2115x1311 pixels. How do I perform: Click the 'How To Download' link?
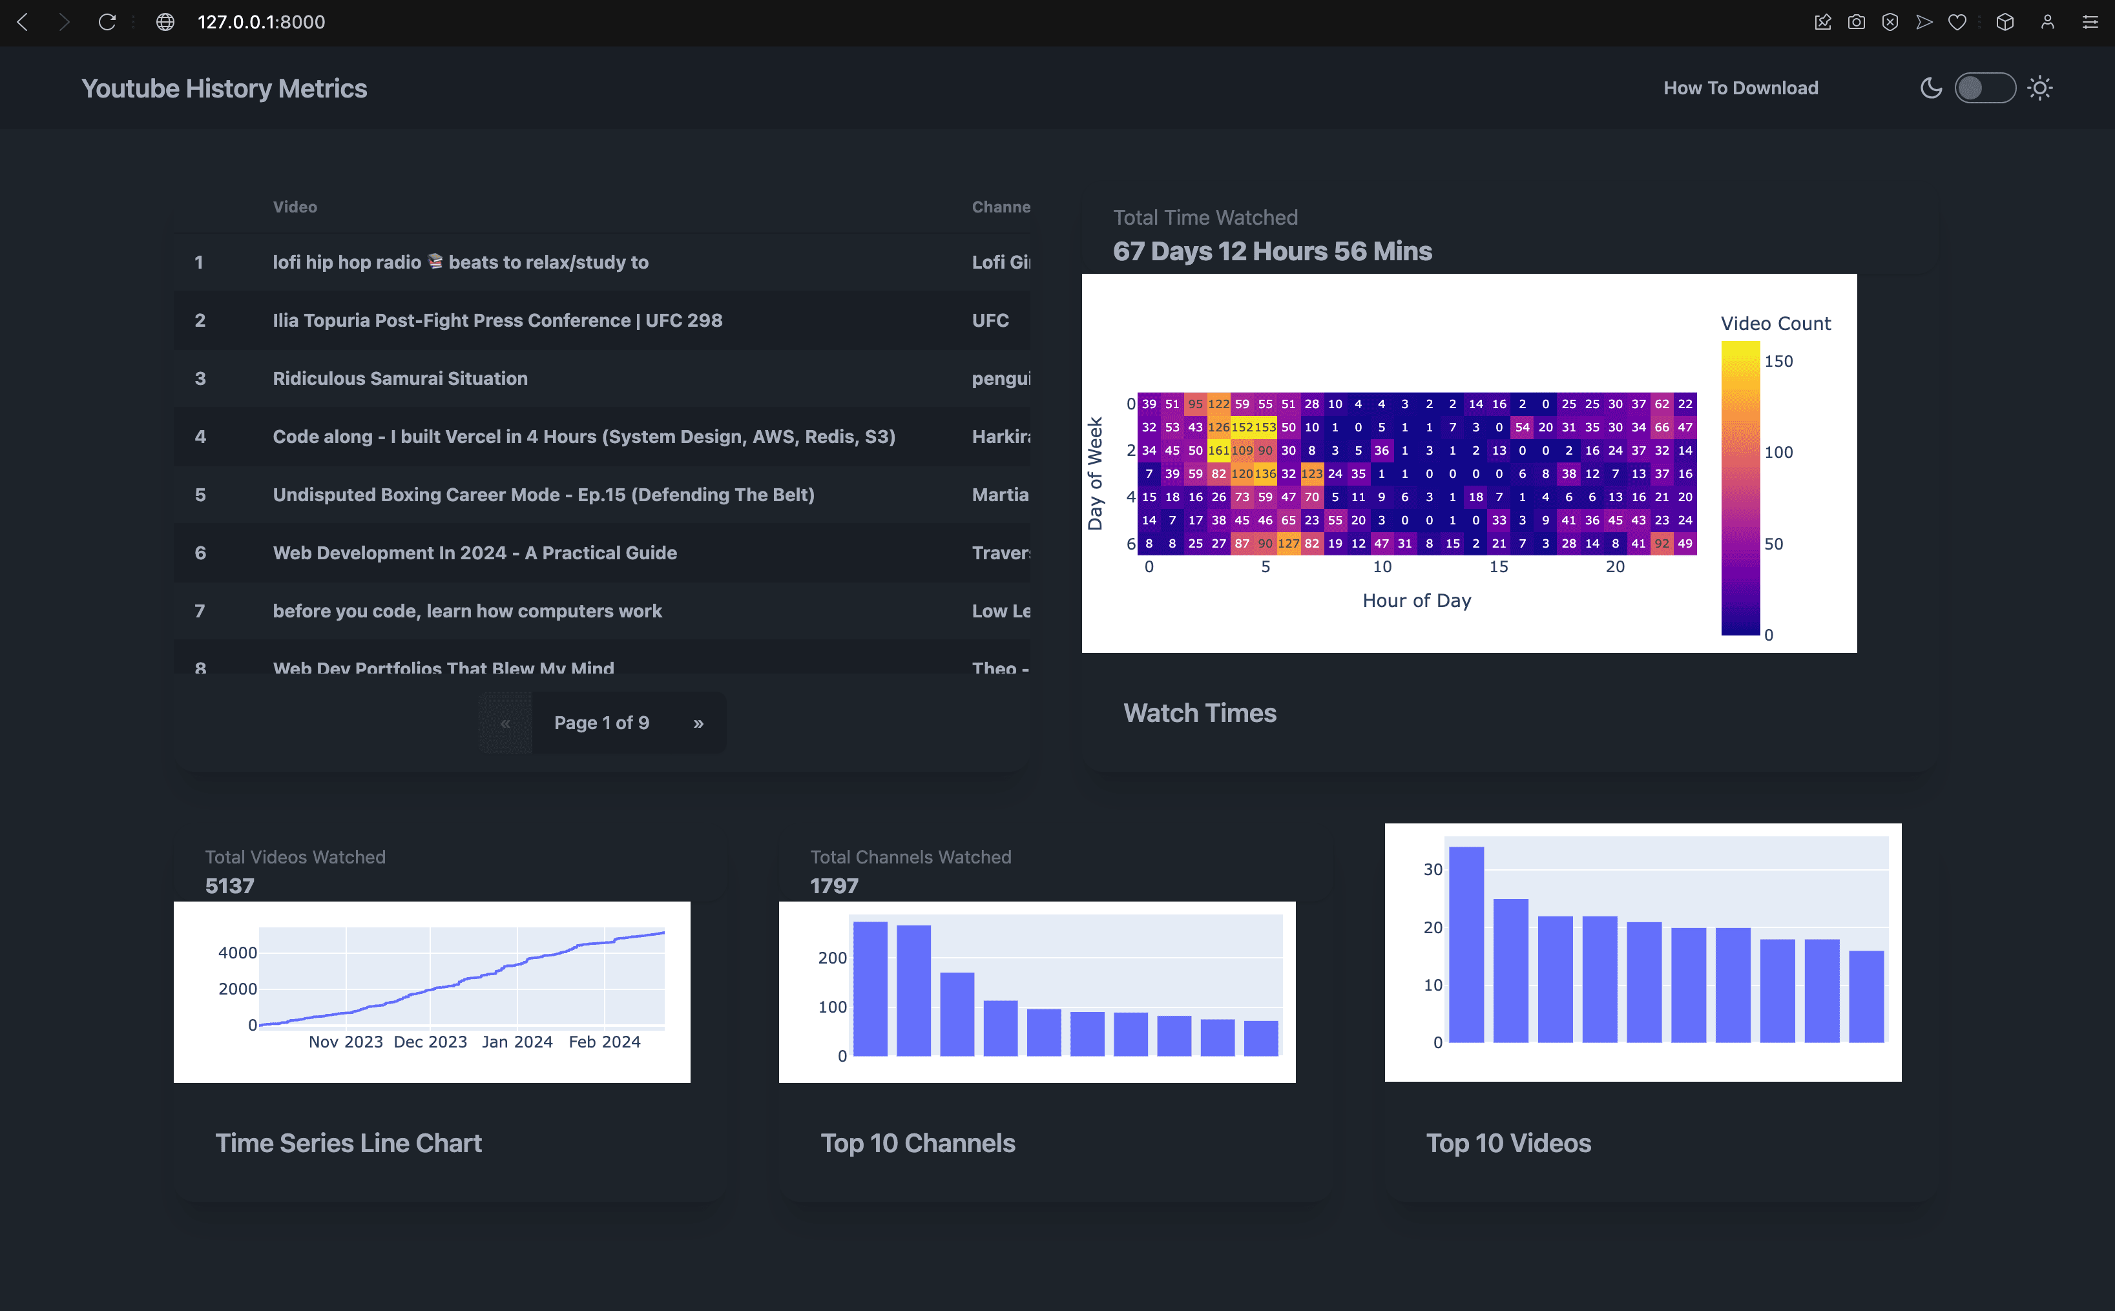(1740, 88)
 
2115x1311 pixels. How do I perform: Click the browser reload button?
(107, 22)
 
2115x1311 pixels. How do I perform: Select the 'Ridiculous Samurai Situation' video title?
(400, 378)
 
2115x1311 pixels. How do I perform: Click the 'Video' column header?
(295, 207)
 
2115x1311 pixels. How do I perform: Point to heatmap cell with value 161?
(1218, 450)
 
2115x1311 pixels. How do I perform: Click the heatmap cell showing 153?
(1265, 427)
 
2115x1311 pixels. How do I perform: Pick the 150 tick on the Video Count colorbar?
(1778, 361)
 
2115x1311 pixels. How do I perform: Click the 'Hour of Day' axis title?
(1416, 600)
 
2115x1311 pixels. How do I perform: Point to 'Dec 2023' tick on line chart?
(430, 1041)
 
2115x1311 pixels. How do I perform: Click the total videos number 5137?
(230, 885)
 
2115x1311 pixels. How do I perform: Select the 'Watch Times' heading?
(1199, 713)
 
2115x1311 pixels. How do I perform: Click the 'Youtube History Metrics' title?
(224, 88)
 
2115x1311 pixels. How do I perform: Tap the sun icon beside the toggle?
(2039, 88)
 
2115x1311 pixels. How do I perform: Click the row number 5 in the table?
(200, 494)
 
